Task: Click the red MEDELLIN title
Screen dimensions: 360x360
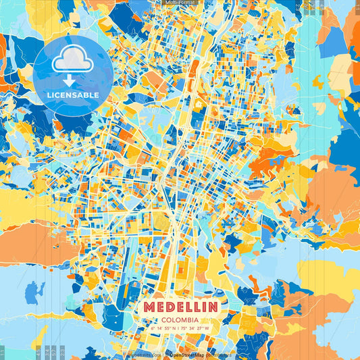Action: click(x=180, y=307)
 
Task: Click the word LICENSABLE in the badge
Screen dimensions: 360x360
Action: click(x=72, y=95)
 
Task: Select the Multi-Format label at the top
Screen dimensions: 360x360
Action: click(x=180, y=3)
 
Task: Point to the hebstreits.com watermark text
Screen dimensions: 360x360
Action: click(x=144, y=353)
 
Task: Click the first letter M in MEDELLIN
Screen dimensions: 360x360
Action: click(x=149, y=307)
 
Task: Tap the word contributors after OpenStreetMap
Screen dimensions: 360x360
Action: click(x=217, y=353)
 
